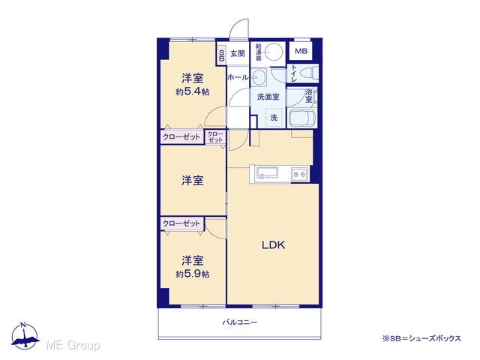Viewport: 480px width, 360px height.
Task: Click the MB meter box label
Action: [301, 51]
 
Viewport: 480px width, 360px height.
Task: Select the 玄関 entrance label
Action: [237, 53]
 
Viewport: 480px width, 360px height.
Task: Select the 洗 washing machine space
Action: [274, 117]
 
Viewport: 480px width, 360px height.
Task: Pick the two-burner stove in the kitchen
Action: [300, 174]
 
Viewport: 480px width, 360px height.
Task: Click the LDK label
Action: [273, 245]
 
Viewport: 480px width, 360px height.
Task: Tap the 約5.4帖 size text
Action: [193, 91]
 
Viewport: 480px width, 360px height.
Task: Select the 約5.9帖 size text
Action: [193, 274]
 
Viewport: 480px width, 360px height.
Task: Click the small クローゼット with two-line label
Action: [215, 136]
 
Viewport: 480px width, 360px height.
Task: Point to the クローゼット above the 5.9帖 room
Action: [181, 223]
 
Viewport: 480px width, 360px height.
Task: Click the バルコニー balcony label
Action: [240, 322]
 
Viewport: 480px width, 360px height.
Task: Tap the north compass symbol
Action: [25, 336]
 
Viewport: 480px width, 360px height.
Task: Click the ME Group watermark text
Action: [73, 346]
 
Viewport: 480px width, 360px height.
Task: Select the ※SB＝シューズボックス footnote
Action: [421, 338]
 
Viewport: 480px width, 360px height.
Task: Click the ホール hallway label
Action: [238, 77]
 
